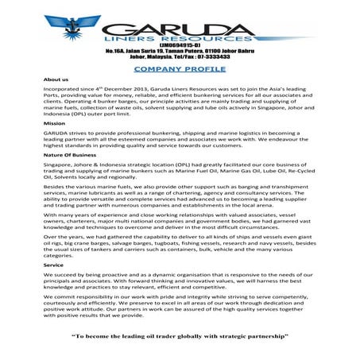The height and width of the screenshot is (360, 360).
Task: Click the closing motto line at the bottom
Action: coord(180,338)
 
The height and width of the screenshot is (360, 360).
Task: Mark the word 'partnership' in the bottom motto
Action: coord(266,338)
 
